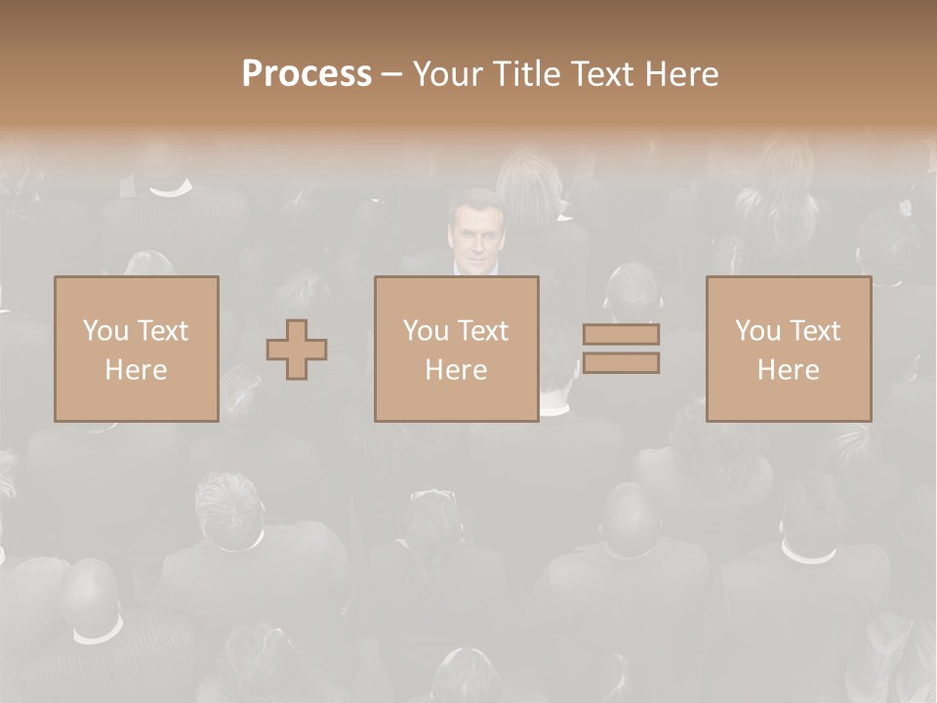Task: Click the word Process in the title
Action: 306,74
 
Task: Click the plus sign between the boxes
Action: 297,350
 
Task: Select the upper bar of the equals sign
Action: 621,334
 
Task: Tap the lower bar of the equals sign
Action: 621,363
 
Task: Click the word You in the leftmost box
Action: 104,331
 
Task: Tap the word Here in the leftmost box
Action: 136,370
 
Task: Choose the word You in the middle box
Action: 425,331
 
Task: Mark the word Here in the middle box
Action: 456,370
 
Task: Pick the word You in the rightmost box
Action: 756,331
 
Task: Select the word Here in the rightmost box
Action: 788,370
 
